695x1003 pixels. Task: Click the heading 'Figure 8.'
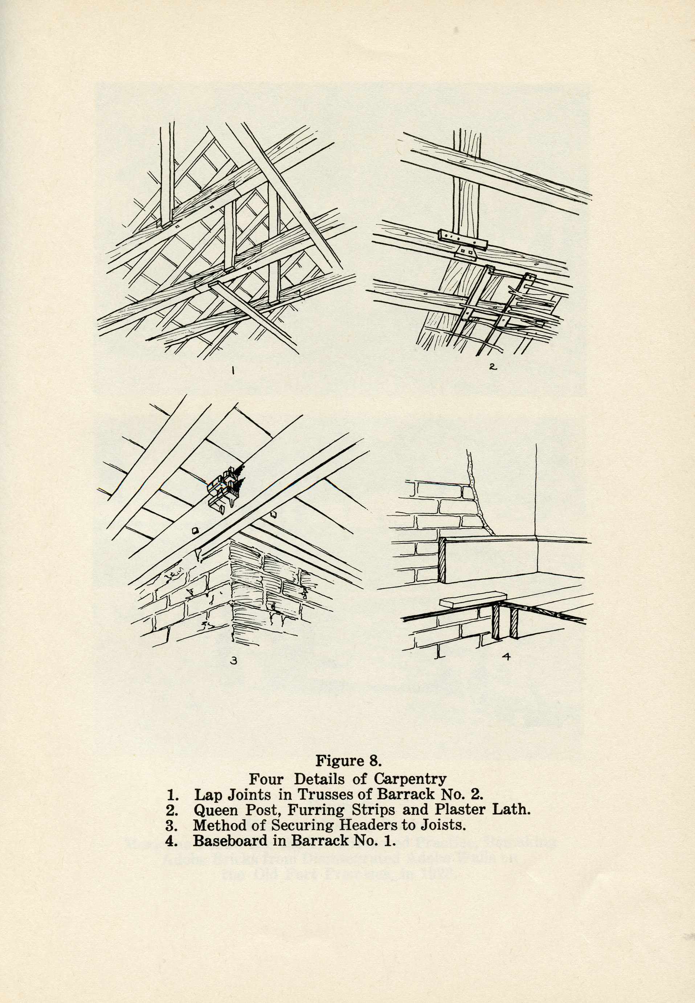click(x=348, y=761)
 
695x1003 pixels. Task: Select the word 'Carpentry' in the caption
click(x=410, y=778)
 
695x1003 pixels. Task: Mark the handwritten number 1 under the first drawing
click(x=233, y=371)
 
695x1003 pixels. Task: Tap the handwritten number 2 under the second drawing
click(x=492, y=367)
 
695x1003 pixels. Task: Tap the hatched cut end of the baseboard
click(x=442, y=560)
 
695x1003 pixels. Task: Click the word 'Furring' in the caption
click(x=316, y=810)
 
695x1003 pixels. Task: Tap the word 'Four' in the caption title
click(x=266, y=778)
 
